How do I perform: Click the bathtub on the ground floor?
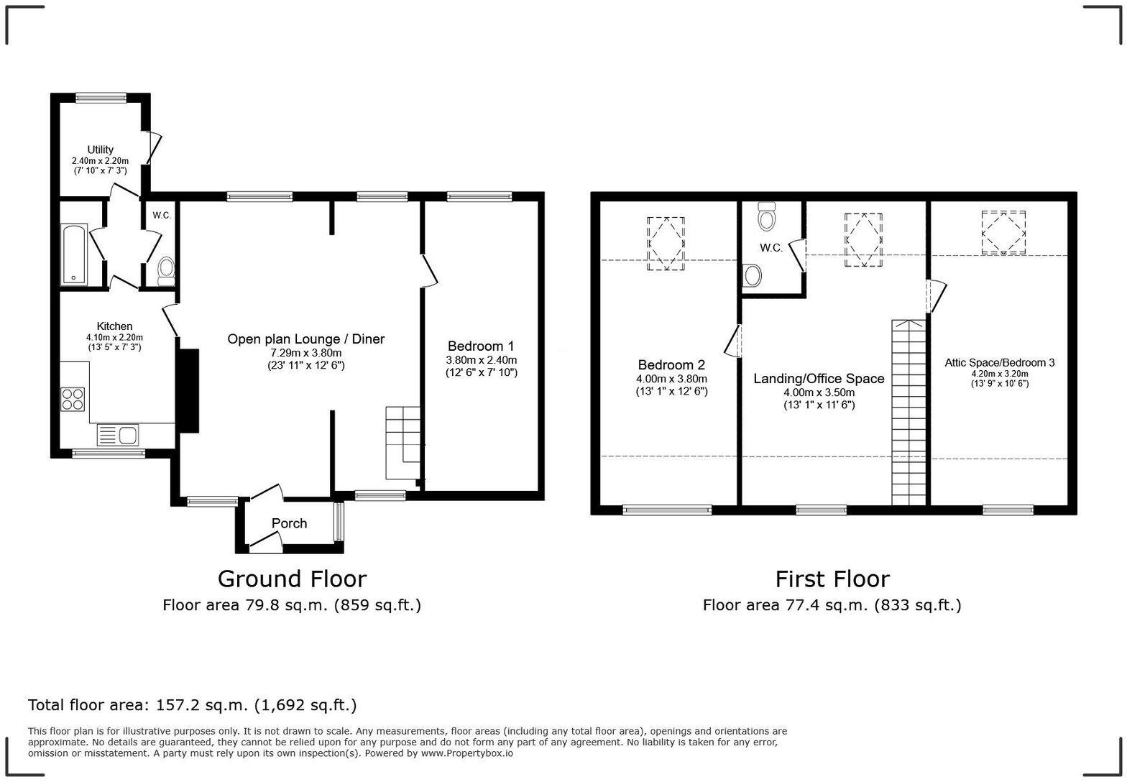coord(75,255)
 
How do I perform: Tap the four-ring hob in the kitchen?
coord(73,398)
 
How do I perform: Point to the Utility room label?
coord(100,149)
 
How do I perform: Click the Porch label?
coord(289,523)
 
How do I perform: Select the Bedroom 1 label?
coord(480,346)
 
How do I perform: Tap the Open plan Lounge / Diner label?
coord(306,339)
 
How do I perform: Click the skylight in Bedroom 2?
coord(666,244)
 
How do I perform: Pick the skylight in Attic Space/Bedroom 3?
coord(1003,232)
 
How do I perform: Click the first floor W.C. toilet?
coord(767,216)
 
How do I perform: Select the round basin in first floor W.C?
coord(753,275)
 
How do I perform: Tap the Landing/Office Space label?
coord(819,379)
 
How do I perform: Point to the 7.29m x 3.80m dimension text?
coord(306,353)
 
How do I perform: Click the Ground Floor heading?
coord(292,579)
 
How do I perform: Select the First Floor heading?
coord(832,579)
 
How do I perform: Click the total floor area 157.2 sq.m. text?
coord(192,705)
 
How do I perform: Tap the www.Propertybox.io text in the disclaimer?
coord(466,753)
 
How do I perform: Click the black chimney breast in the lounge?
coord(188,390)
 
